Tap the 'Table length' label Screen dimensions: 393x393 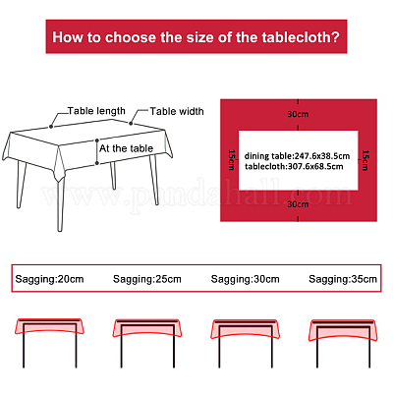click(x=96, y=111)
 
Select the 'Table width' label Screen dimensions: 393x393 click(x=177, y=111)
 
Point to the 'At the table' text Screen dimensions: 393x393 click(x=126, y=148)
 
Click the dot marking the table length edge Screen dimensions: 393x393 click(x=51, y=127)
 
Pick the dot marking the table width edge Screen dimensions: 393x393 click(x=131, y=123)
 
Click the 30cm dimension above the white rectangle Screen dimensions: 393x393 click(x=298, y=114)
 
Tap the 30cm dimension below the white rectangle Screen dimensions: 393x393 click(x=298, y=204)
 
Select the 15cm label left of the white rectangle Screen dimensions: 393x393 click(x=232, y=160)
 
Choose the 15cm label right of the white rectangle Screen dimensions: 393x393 click(x=365, y=160)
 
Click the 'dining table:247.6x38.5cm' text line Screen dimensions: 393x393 click(x=297, y=156)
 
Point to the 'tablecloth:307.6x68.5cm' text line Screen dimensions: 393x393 click(x=294, y=166)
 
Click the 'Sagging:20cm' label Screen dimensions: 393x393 click(x=49, y=279)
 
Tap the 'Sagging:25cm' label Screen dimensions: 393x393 click(x=147, y=279)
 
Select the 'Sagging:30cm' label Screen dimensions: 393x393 click(x=245, y=279)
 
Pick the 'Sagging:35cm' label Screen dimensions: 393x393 click(x=343, y=279)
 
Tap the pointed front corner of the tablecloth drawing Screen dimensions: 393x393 click(x=59, y=181)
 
